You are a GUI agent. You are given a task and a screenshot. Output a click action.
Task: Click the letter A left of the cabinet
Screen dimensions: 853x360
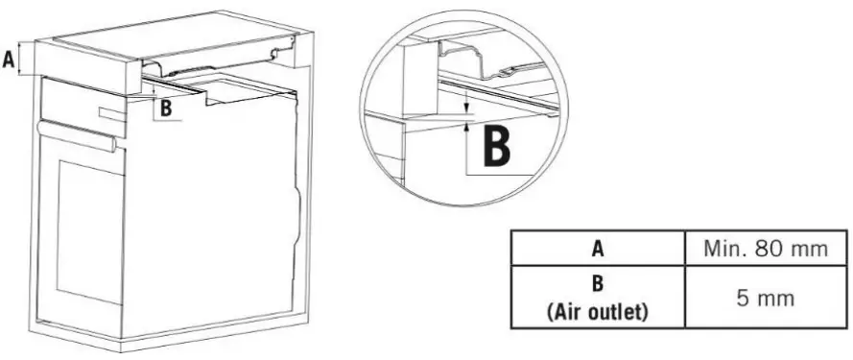9,60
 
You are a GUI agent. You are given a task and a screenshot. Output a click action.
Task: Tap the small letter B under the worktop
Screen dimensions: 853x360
166,108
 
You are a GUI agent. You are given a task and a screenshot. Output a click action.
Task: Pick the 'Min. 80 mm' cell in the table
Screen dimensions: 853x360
765,250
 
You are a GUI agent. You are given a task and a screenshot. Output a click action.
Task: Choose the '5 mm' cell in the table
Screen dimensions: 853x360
765,298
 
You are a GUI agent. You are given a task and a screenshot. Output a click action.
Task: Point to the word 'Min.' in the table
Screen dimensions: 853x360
723,250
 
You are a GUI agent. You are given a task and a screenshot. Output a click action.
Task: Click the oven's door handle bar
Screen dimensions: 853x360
75,136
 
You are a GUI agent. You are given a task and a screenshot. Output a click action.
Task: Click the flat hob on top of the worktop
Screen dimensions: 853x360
173,38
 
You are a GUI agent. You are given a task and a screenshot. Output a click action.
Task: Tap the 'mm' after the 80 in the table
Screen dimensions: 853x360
809,250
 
